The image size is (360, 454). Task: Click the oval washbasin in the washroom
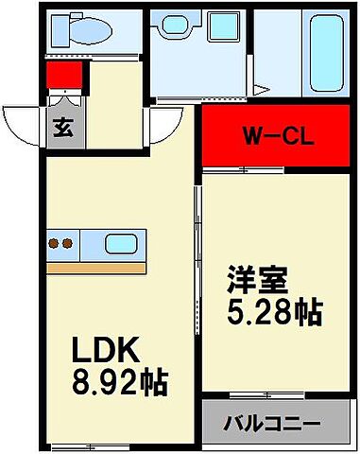pos(176,28)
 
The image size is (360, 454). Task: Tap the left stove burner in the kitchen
pos(54,244)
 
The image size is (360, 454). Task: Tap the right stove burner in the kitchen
pos(68,244)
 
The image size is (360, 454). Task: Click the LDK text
pos(109,352)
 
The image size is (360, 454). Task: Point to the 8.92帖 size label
pos(121,383)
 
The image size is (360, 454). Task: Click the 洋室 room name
pos(255,279)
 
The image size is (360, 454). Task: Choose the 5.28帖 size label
pos(273,309)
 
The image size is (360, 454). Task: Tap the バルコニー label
pos(272,422)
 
